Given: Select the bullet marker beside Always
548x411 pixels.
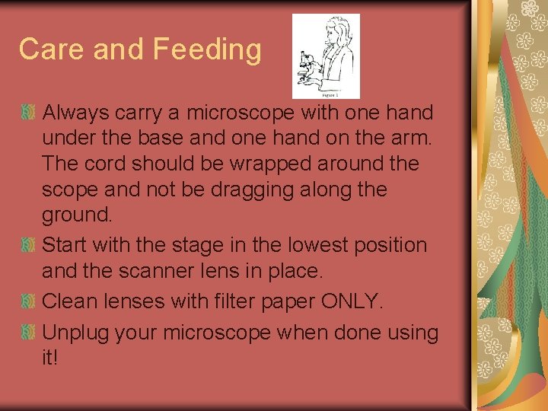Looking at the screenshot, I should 29,113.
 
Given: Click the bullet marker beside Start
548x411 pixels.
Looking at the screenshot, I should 29,246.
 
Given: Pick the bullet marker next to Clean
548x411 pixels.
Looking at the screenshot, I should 29,302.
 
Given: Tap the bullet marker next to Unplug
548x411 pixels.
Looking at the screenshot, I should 29,333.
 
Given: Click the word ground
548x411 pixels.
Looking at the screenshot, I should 76,215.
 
